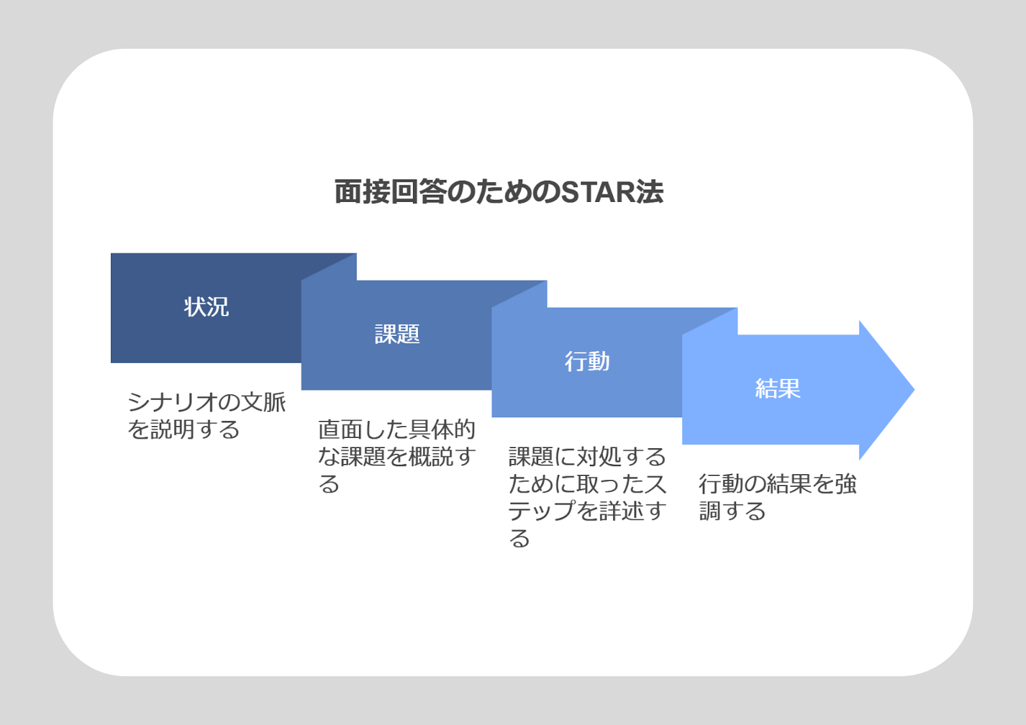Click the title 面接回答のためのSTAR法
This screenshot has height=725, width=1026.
click(499, 192)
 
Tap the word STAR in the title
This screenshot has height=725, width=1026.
click(597, 192)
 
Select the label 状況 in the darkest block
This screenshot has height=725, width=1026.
click(206, 307)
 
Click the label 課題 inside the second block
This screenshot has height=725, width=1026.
click(397, 334)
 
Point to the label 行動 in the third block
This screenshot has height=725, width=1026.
click(587, 362)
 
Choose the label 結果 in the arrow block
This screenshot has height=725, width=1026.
click(778, 388)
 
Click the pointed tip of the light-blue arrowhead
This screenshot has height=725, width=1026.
click(914, 390)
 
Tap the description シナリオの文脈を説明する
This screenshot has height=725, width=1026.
click(206, 416)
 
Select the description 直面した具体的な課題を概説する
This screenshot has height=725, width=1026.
click(397, 456)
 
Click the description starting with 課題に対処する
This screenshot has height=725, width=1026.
click(587, 497)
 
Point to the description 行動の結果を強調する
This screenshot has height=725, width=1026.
click(778, 497)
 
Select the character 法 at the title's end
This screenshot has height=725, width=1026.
click(650, 192)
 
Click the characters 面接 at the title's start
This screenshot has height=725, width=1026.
click(362, 192)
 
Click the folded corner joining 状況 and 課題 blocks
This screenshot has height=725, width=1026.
click(329, 267)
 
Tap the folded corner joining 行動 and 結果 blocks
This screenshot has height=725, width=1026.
click(710, 321)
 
